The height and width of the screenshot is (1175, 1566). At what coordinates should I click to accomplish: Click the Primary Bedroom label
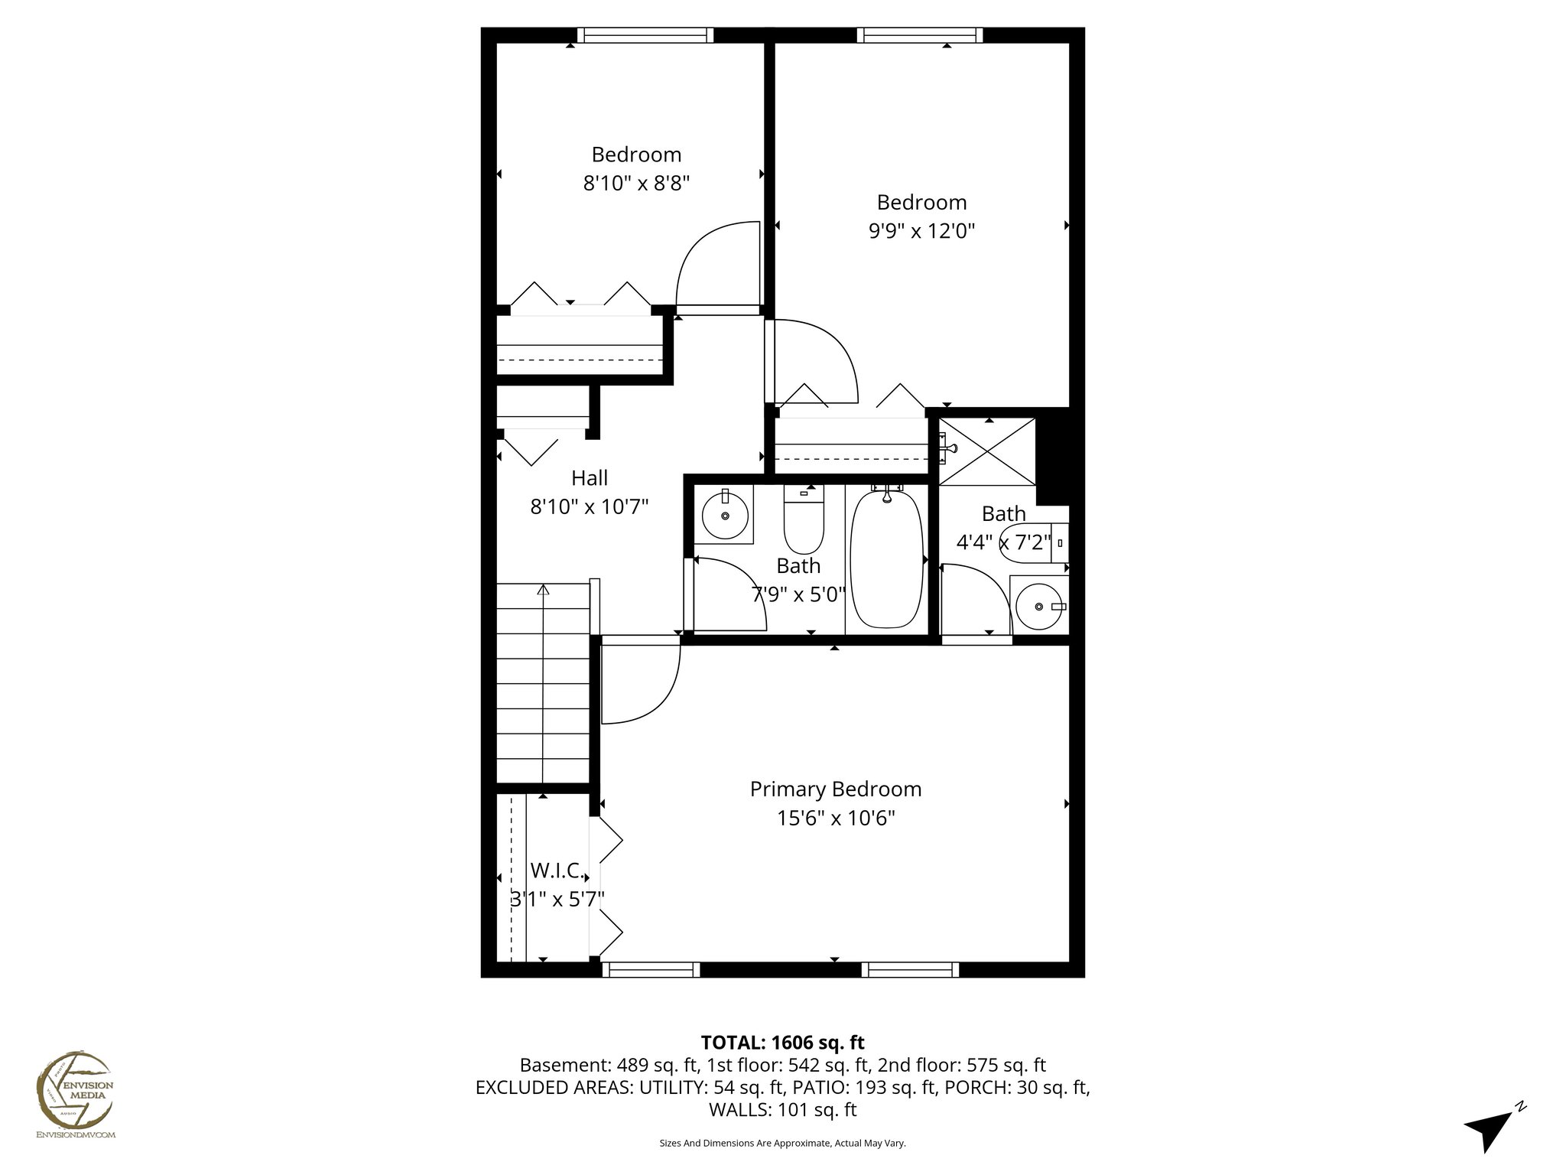coord(835,789)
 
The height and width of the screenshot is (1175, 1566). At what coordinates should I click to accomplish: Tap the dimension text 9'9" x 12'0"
coord(921,231)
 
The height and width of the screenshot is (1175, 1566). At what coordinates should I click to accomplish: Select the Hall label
coord(590,478)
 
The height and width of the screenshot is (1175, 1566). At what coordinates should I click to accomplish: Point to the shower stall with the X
coord(987,451)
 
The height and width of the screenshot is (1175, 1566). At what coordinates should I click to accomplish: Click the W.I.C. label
coord(557,871)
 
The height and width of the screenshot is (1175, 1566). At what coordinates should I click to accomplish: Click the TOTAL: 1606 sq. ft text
coord(782,1042)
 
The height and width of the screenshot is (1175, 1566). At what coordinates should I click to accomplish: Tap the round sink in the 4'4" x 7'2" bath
coord(1038,606)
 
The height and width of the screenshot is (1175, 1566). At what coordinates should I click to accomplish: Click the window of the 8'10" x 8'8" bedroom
coord(645,35)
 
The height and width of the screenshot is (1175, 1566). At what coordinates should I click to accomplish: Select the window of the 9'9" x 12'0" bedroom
coord(919,35)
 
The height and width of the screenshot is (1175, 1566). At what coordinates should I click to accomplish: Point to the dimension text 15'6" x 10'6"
coord(836,819)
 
